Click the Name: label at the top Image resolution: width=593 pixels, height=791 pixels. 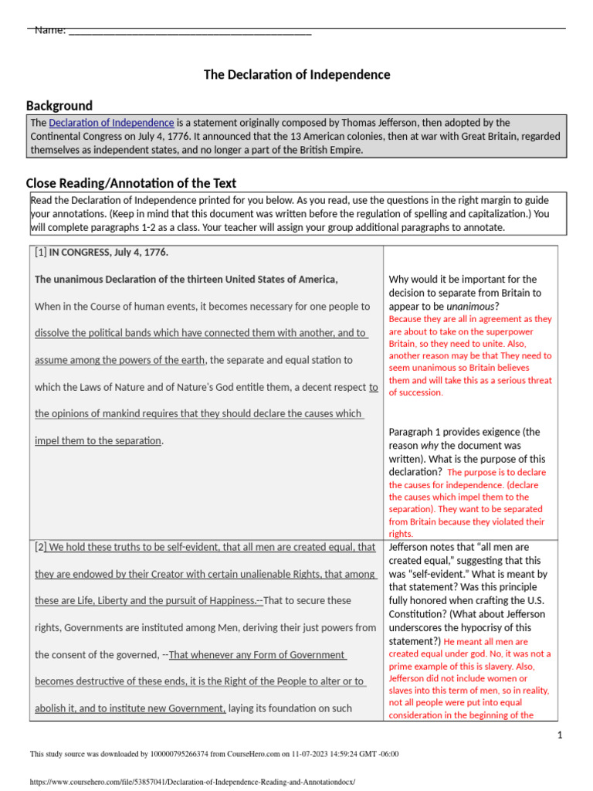tap(49, 30)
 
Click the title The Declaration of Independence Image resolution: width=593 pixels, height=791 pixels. tap(296, 75)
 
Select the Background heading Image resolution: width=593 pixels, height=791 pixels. tap(59, 106)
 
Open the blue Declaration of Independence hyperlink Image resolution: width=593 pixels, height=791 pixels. tap(111, 123)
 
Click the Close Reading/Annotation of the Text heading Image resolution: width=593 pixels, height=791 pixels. tap(130, 183)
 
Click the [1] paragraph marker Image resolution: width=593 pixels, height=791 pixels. tap(41, 253)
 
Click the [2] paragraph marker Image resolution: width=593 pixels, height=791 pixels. tap(41, 548)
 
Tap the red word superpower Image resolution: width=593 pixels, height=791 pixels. tap(529, 331)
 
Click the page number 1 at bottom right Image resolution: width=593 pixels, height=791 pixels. tap(560, 735)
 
